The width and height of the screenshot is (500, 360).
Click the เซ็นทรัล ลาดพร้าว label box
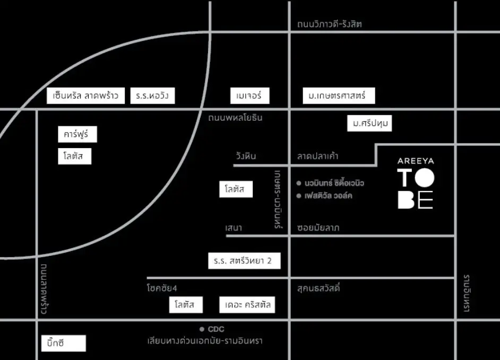pos(85,96)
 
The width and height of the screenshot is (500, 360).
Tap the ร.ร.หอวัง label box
pos(152,96)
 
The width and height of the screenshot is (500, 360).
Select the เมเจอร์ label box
pos(249,96)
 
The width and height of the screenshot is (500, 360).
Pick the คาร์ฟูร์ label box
pos(77,135)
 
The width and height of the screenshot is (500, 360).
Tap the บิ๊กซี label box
pos(63,343)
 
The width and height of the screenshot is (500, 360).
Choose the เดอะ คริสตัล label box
pos(247,305)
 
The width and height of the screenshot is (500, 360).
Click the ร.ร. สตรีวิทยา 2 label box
pos(244,261)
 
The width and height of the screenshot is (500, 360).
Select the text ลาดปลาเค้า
pos(318,156)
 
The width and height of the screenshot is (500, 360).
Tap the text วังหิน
pos(246,156)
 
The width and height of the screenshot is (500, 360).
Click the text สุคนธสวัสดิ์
pos(318,289)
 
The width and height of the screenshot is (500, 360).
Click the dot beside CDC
pos(202,329)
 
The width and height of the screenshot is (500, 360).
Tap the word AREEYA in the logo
pos(416,160)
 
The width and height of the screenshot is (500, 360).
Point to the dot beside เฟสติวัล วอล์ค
pos(299,196)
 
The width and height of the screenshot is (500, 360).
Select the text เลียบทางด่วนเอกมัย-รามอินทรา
pos(205,341)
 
